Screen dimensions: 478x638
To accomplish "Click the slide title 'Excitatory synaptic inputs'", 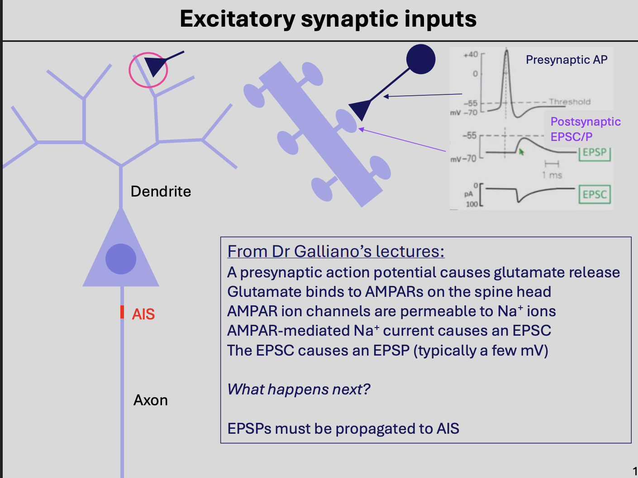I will click(x=328, y=19).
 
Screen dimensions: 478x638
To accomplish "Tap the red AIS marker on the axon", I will click(x=122, y=312).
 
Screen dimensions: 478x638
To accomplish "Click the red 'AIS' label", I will click(x=143, y=314).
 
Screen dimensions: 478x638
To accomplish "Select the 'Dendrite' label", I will click(x=161, y=192).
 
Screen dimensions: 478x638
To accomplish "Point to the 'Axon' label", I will click(x=151, y=400).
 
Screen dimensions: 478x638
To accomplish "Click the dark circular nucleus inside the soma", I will click(x=121, y=259).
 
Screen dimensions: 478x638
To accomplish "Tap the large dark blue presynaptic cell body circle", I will click(x=421, y=59).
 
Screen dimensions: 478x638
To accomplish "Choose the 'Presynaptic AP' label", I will click(x=567, y=60).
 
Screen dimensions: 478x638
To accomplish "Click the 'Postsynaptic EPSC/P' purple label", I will click(x=585, y=129).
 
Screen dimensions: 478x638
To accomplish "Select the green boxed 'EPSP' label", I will click(x=595, y=152).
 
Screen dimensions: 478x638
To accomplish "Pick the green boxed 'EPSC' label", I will click(x=595, y=194).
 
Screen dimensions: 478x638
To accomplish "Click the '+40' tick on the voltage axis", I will click(x=471, y=54).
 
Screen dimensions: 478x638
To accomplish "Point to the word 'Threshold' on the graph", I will click(x=570, y=102).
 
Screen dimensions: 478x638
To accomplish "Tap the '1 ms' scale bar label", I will click(x=552, y=175).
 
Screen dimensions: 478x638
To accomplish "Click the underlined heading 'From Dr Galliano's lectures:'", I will click(x=336, y=251).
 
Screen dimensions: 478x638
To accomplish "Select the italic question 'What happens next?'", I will click(x=299, y=389).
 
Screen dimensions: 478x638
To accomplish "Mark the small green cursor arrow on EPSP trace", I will click(x=521, y=152).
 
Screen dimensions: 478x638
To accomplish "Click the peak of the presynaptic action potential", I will click(x=506, y=51).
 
